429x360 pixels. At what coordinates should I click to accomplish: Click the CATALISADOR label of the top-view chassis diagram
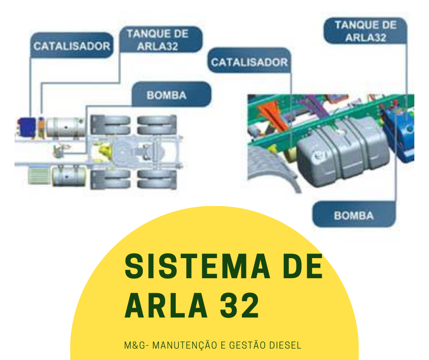coord(72,46)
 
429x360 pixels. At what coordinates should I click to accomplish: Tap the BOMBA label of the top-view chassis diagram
coord(167,95)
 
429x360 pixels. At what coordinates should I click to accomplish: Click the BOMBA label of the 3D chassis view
coord(353,215)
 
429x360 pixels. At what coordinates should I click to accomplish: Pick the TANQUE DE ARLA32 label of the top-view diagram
coord(157,40)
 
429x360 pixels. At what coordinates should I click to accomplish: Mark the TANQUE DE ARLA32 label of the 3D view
coord(366,31)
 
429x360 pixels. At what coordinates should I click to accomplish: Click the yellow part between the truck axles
coord(102,148)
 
